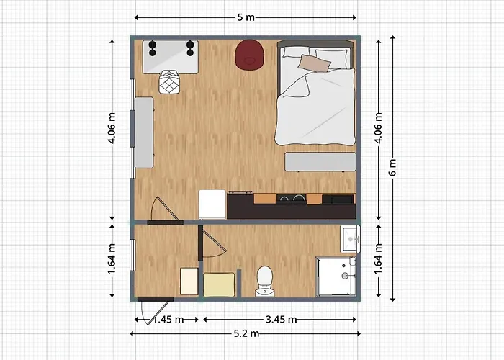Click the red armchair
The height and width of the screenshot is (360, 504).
tap(250, 54)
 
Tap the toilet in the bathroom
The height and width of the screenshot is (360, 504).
tap(265, 281)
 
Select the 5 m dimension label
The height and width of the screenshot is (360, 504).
tap(246, 17)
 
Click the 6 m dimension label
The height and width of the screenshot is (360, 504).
tap(392, 167)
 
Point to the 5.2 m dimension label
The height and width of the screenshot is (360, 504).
tap(246, 333)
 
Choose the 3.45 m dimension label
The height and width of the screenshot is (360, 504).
tap(282, 320)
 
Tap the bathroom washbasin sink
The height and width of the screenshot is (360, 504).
tap(350, 239)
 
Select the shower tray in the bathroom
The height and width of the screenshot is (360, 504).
tap(336, 276)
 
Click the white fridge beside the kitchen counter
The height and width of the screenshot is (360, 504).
tap(212, 204)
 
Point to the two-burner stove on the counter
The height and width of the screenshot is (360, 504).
tap(291, 199)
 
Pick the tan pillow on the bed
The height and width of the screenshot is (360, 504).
tap(315, 63)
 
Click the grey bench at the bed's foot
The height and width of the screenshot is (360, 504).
tap(320, 162)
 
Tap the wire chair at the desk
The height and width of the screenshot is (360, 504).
tap(169, 82)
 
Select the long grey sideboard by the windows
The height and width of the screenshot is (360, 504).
tap(144, 132)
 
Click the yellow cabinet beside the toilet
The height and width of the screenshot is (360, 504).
tap(219, 285)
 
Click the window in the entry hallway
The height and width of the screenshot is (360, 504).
tap(132, 255)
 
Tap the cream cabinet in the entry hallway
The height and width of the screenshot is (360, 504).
tap(189, 282)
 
